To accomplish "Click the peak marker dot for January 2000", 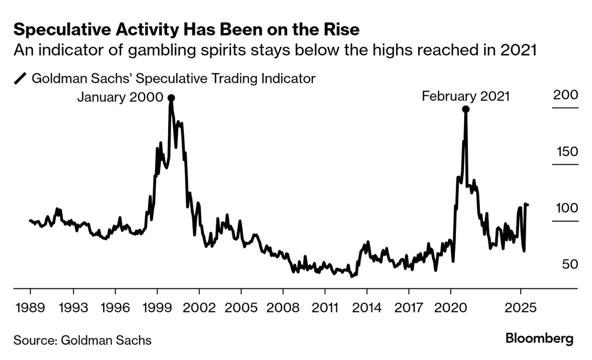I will coord(171,98).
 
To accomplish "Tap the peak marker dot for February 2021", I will coord(465,109).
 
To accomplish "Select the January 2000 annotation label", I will coord(120,97).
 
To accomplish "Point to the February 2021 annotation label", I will coord(465,96).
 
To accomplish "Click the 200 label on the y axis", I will coord(566,95).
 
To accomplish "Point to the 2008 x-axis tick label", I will coord(283,307).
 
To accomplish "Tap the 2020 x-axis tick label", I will coord(450,307).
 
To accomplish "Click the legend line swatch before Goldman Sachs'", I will coord(20,78).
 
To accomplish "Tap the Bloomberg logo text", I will coord(539,339).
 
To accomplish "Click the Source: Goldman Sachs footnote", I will coord(82,340).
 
